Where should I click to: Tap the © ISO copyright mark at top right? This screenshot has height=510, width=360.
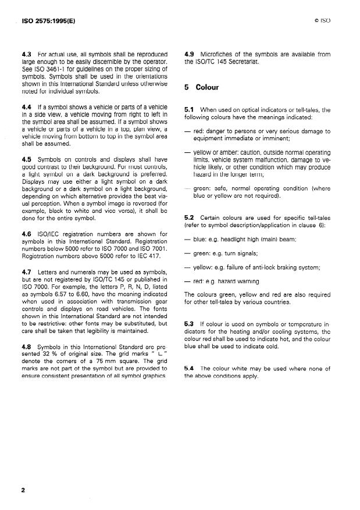(322, 20)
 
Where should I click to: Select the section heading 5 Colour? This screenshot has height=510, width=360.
(201, 88)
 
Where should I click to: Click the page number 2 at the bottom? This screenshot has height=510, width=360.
(23, 490)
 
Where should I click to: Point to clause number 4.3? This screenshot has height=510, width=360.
(26, 54)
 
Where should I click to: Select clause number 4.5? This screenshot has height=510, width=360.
(26, 159)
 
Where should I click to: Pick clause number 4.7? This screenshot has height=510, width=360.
(26, 270)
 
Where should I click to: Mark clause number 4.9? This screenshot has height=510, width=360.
(188, 54)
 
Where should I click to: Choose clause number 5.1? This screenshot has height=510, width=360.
(188, 109)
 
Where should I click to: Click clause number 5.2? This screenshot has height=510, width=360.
(188, 217)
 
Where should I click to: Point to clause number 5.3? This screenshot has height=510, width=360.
(188, 322)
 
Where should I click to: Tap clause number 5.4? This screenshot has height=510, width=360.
(188, 369)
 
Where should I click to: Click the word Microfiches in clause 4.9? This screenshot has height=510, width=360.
(217, 54)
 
